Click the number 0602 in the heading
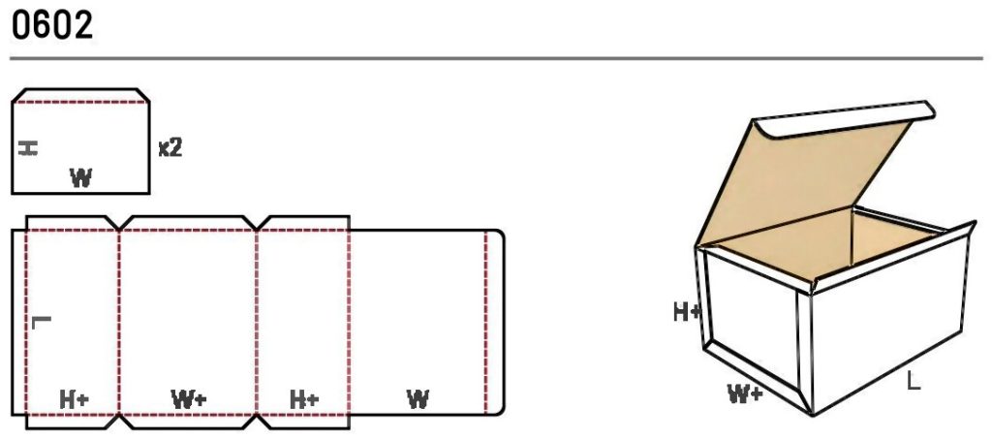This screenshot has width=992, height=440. click(52, 25)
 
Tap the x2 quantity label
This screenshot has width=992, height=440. click(170, 148)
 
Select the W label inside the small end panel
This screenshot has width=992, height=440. click(81, 177)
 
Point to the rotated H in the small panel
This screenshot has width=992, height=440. click(28, 148)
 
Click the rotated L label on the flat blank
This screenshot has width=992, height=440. click(41, 322)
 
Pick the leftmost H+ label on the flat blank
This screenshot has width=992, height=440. click(74, 399)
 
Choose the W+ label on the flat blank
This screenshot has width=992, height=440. click(189, 399)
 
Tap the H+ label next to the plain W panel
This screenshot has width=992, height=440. click(304, 399)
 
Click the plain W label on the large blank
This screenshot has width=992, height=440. click(418, 399)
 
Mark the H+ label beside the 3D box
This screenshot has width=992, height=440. click(688, 311)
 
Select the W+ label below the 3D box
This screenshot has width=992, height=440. click(745, 394)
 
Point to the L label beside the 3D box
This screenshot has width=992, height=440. click(913, 381)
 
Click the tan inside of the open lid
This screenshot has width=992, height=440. click(803, 183)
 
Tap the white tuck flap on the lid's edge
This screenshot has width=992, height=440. click(848, 119)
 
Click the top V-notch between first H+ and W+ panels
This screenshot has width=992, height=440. click(119, 223)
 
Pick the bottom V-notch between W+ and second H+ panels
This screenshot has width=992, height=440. click(257, 422)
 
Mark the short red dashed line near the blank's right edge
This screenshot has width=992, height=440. click(486, 323)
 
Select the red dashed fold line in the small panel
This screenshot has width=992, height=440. click(81, 102)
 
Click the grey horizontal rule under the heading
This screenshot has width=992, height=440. click(496, 59)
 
